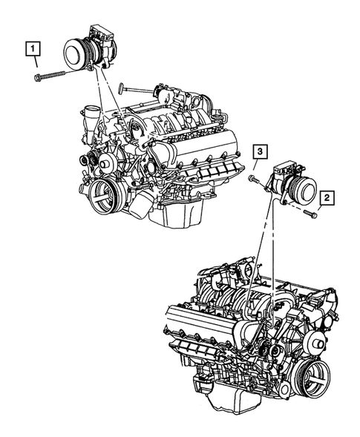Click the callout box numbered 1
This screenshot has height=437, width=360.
click(33, 50)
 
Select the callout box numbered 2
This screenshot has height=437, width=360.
click(327, 197)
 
